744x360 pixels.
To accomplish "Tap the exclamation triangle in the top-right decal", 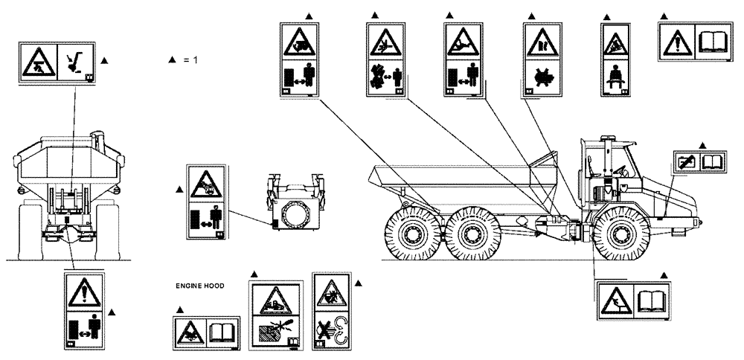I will pyautogui.click(x=677, y=39).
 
